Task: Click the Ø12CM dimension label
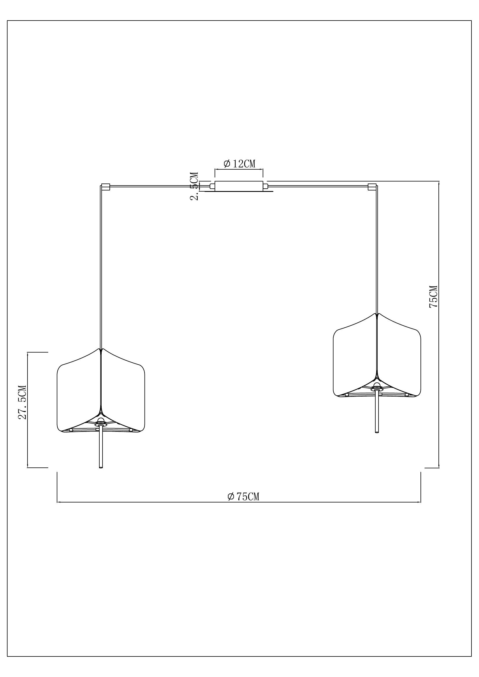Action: pos(239,164)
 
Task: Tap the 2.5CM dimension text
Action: pos(194,186)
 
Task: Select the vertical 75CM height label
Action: pos(433,297)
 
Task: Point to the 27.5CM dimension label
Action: pos(23,402)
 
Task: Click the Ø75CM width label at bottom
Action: pos(243,497)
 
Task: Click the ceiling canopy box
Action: pos(239,186)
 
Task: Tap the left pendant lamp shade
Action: pos(101,392)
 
